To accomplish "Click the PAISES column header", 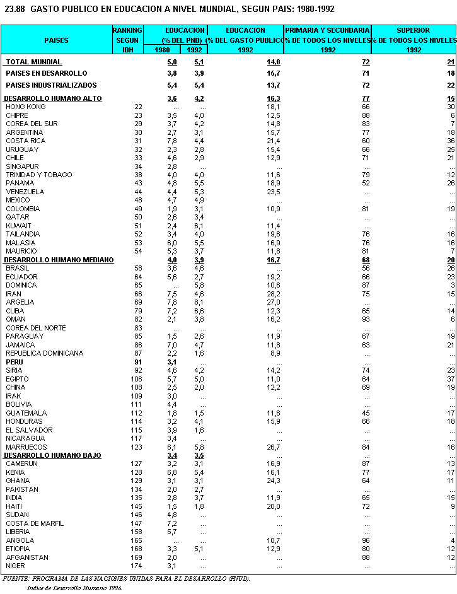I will point(56,40).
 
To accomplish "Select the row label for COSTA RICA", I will point(25,141).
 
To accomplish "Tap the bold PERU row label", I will point(14,362).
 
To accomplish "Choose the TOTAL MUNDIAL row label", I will point(34,62).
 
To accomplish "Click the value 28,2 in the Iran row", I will point(273,294).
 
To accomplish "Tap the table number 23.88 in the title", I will point(15,9).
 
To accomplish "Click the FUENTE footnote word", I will point(17,578).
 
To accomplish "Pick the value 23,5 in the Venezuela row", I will point(273,192).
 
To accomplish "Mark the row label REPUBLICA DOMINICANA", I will point(44,353).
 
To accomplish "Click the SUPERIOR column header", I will point(414,30).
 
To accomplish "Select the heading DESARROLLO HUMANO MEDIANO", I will point(59,260).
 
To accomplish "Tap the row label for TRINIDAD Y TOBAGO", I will point(38,175).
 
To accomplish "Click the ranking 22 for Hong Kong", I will point(138,107).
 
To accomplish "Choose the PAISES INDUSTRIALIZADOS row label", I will point(51,85).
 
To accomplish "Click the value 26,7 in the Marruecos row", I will point(273,447).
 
